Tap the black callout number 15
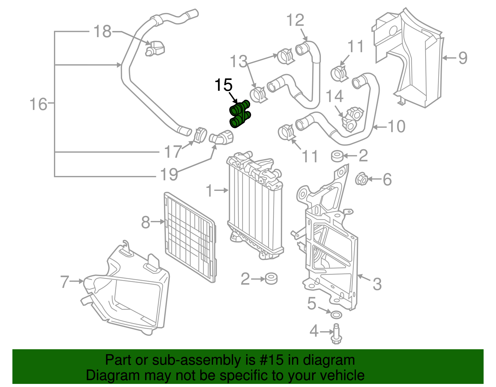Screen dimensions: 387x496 223,85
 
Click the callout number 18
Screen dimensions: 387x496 102,32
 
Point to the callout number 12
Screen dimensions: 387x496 295,20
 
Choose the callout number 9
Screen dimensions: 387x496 463,58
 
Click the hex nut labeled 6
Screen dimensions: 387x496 361,179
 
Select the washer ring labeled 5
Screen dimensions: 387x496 337,315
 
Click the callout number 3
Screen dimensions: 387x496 377,284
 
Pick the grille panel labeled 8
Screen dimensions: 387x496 189,237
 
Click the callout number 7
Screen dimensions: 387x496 64,281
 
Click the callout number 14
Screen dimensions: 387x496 334,96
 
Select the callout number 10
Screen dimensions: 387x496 396,126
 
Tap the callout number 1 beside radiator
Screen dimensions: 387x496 210,191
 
